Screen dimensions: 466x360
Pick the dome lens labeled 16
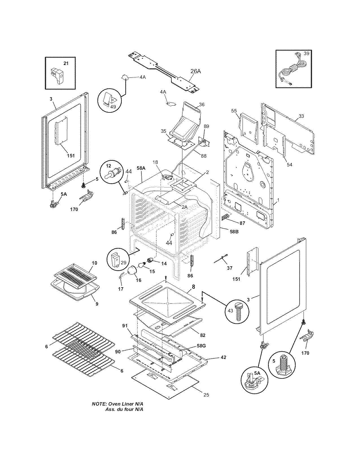click(132, 270)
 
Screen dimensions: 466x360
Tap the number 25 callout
click(206, 395)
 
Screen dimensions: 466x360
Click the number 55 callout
click(234, 111)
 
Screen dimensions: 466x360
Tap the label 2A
click(185, 207)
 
